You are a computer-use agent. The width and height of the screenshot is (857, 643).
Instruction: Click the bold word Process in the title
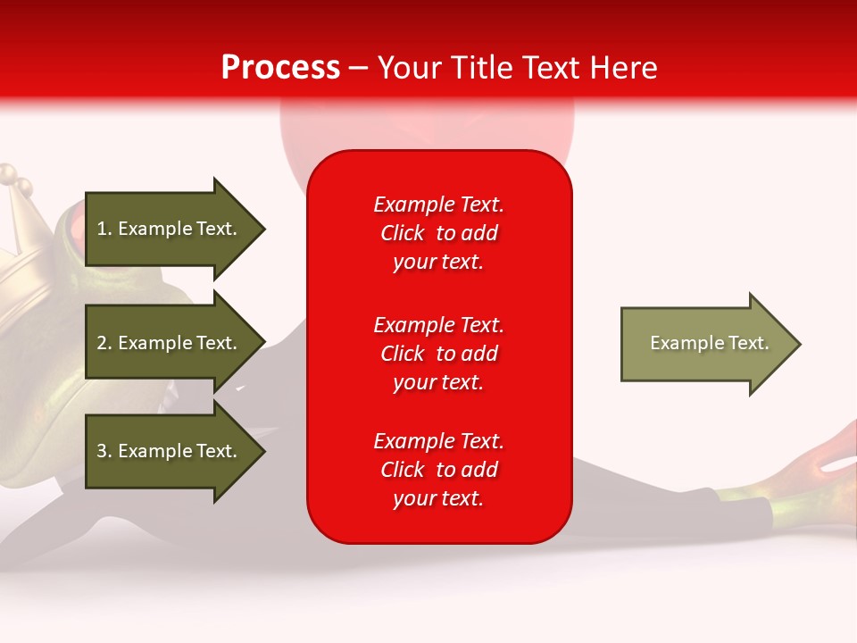pos(280,67)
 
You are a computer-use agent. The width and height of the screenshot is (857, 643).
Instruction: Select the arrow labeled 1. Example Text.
pos(170,229)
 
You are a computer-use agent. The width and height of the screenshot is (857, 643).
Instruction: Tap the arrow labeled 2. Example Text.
pos(170,343)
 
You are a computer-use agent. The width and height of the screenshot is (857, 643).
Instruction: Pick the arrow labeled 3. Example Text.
pos(170,451)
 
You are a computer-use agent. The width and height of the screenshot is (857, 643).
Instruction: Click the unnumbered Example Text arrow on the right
pos(705,344)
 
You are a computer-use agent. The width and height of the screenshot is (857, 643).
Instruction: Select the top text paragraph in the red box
pos(438,233)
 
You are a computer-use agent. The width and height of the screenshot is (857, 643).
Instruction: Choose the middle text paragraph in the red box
pos(438,354)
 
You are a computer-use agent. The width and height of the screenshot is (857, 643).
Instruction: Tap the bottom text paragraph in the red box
pos(438,470)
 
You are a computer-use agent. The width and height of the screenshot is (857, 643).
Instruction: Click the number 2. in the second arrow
pos(104,343)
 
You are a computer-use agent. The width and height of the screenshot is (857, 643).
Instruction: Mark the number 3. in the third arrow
pos(104,451)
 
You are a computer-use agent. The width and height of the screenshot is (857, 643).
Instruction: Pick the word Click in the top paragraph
pos(403,233)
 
